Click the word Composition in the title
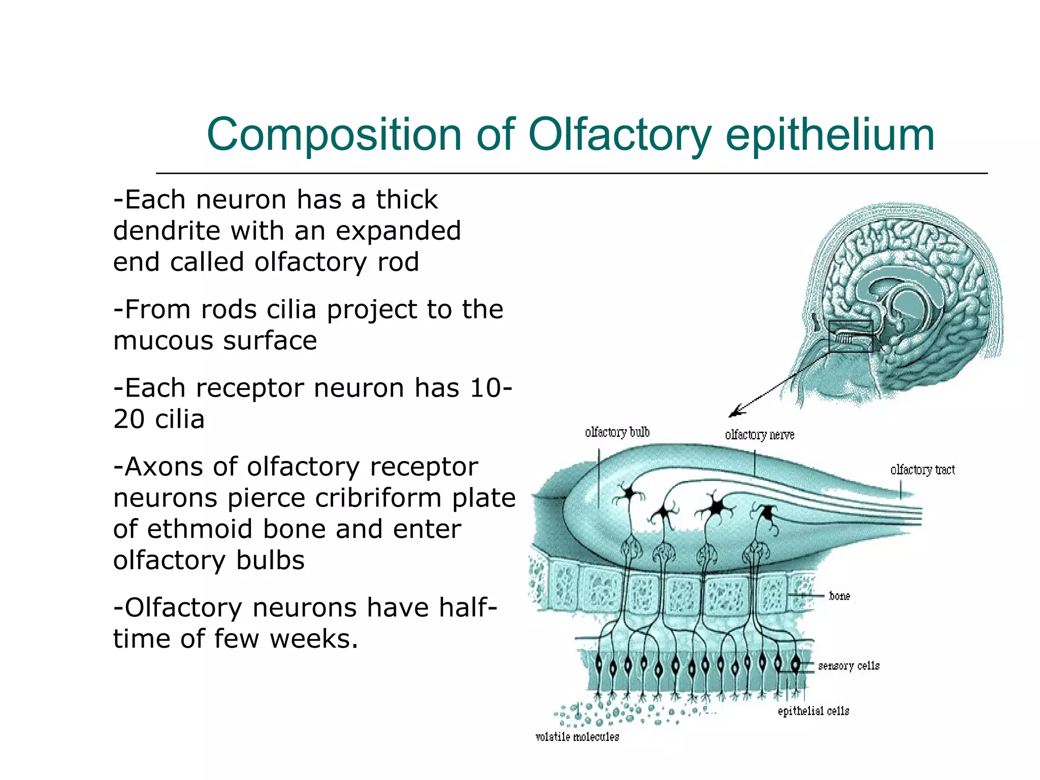point(334,135)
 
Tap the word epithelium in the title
point(830,135)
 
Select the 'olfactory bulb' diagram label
point(617,432)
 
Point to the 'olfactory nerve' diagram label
point(759,435)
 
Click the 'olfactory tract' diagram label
point(922,470)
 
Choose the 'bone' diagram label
point(839,596)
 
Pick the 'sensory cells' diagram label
point(849,666)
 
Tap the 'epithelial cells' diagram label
point(813,711)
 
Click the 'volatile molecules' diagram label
point(577,737)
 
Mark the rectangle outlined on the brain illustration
point(851,336)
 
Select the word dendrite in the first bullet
point(167,231)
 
